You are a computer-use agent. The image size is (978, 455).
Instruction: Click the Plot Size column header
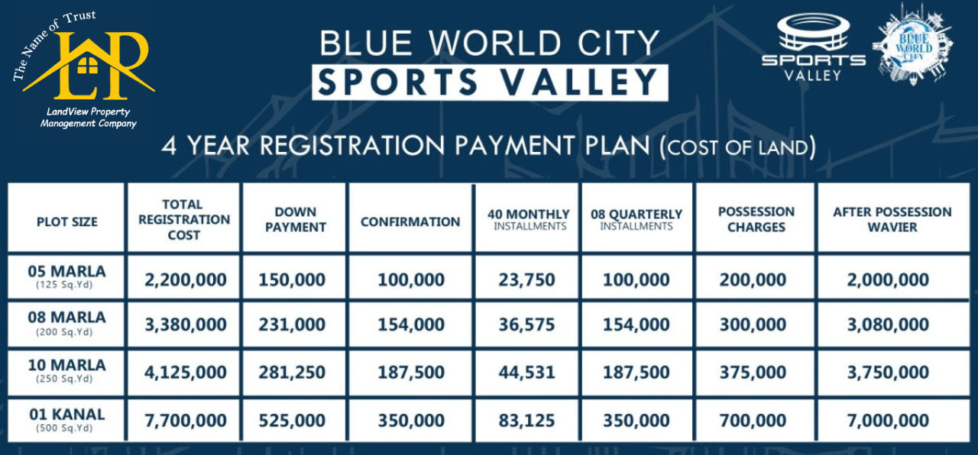(67, 221)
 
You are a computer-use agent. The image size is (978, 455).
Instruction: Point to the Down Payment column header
(296, 219)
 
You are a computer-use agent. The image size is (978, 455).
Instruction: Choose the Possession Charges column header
(756, 219)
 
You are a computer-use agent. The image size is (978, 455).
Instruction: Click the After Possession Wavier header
(892, 219)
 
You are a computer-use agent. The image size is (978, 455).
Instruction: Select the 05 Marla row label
(67, 276)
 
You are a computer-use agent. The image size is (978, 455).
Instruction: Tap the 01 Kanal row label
(67, 419)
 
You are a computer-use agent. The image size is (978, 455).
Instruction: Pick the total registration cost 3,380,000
(186, 324)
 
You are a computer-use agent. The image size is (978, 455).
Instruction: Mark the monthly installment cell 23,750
(528, 279)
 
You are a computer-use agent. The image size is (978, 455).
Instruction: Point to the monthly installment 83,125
(528, 421)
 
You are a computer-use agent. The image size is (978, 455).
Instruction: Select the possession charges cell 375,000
(753, 373)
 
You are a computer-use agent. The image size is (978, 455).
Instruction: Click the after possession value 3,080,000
(888, 324)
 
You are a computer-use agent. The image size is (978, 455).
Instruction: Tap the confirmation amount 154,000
(411, 324)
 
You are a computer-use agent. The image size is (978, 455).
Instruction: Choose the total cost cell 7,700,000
(186, 421)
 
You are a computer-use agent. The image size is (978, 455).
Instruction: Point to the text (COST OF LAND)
(737, 147)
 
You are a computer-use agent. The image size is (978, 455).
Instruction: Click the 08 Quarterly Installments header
(636, 219)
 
